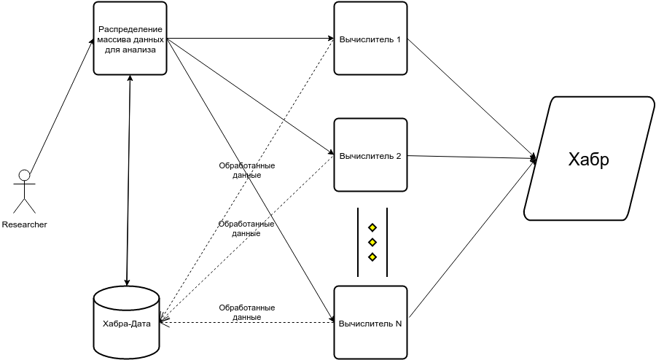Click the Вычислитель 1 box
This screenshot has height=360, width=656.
click(x=370, y=38)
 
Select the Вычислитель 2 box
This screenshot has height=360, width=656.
click(x=370, y=154)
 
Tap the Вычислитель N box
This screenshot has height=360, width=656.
click(x=370, y=322)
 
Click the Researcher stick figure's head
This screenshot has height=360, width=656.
click(x=25, y=175)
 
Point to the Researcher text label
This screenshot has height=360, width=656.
click(x=25, y=225)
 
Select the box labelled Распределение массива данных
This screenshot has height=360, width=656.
click(x=130, y=38)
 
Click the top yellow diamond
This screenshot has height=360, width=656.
click(x=372, y=227)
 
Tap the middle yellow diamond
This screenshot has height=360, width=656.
click(x=372, y=242)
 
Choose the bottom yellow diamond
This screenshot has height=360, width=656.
click(x=372, y=257)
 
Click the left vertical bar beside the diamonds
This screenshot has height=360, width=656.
click(x=358, y=243)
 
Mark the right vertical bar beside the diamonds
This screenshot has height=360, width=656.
click(x=387, y=243)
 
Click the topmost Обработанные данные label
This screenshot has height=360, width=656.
click(x=246, y=171)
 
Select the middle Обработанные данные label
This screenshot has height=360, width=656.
click(x=246, y=229)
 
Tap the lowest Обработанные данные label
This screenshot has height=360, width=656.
click(x=246, y=313)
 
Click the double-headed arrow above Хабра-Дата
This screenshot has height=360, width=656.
click(x=129, y=179)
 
